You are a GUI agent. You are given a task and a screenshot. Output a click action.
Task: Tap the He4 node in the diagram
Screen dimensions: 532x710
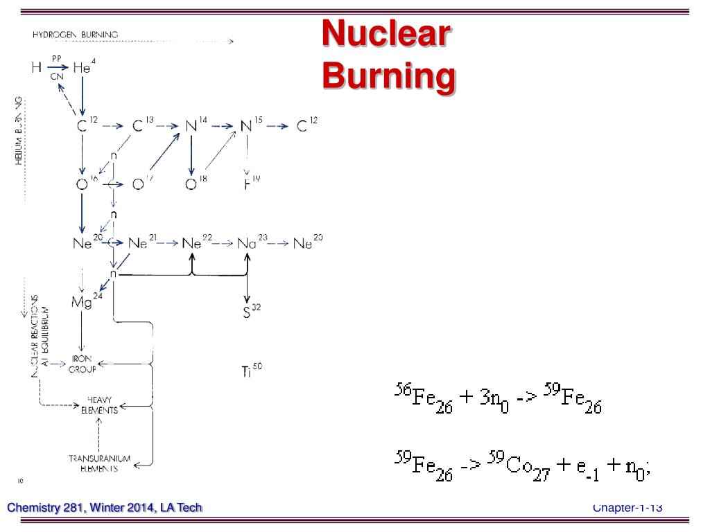pos(84,67)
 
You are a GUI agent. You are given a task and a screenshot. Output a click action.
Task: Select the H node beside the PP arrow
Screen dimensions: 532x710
pos(36,68)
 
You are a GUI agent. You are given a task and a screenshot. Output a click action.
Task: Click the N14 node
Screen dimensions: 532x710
pos(195,126)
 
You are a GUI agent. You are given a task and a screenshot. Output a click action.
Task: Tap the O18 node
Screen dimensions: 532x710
pos(195,184)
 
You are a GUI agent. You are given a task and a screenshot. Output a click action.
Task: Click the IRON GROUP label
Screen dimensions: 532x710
pos(83,364)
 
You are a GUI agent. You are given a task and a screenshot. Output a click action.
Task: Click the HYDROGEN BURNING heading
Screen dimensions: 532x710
pos(75,34)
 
